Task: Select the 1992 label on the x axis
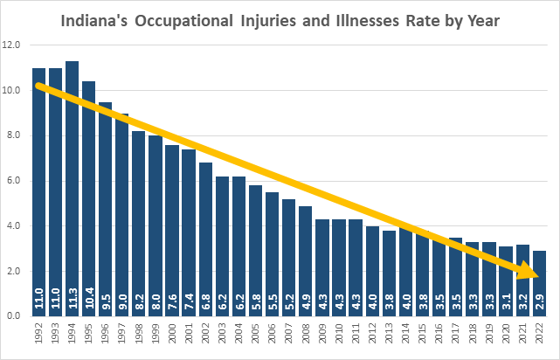click(38, 336)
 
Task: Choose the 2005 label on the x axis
click(255, 336)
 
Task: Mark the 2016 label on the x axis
click(438, 336)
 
